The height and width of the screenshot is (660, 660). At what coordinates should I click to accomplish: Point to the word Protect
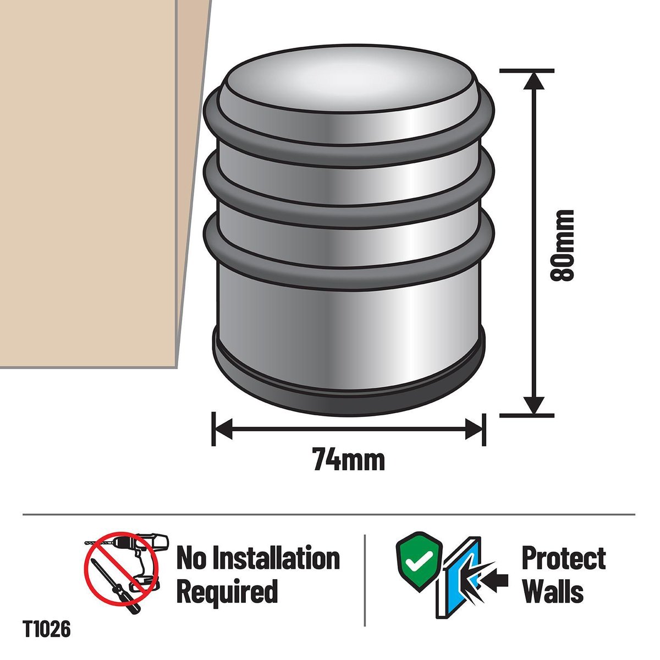[564, 559]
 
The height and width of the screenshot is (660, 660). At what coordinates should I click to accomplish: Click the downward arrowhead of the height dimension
[535, 406]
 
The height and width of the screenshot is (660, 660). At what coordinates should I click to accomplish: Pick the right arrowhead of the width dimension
[474, 429]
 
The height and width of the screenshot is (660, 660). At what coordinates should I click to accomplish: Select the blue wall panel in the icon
[461, 569]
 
